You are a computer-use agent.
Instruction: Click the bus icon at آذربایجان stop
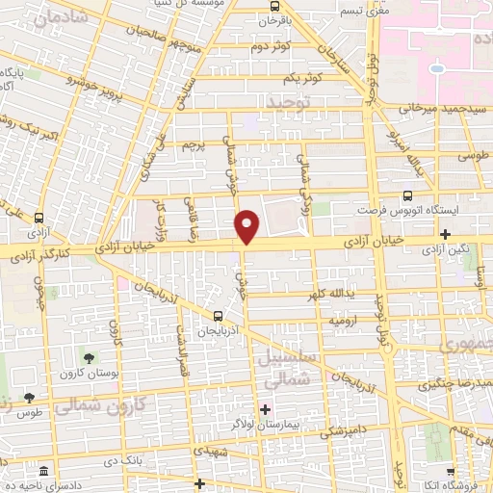tap(218, 315)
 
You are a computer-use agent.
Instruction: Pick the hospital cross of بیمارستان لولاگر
tap(266, 408)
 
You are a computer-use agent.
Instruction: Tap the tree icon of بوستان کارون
tap(89, 357)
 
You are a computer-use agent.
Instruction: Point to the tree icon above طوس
tap(29, 396)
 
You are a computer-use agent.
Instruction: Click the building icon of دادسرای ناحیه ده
tap(43, 472)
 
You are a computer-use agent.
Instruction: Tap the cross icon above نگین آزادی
tap(445, 233)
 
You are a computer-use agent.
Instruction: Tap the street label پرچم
tap(195, 144)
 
